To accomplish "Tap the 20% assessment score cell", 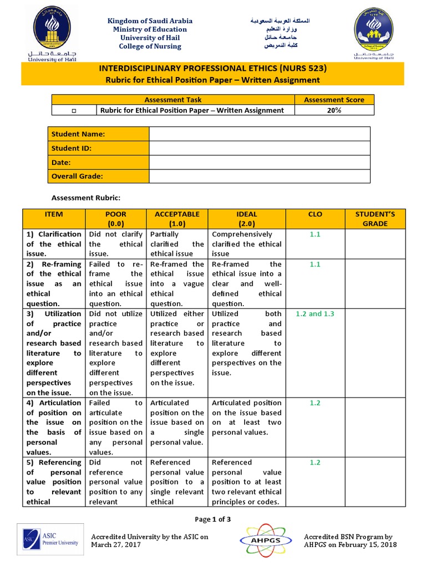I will [x=334, y=110].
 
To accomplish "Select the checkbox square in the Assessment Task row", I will [x=74, y=111].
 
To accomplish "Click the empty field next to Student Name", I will [x=259, y=134].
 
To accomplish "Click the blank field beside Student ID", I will [x=259, y=148].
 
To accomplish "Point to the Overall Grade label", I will [x=78, y=177].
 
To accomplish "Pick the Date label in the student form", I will [x=61, y=163].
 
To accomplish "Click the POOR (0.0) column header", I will [x=115, y=219].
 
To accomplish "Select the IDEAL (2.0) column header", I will [x=247, y=219].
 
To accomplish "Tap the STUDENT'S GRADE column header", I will [x=375, y=219].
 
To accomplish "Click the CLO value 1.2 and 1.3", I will [x=315, y=313].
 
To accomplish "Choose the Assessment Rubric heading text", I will [x=85, y=198].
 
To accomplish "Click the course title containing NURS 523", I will [x=212, y=69].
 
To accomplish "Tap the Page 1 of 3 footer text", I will [x=212, y=519].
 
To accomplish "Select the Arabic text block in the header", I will [x=278, y=33].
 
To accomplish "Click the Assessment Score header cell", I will [x=334, y=100].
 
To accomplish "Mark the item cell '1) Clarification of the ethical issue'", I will [x=54, y=244].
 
